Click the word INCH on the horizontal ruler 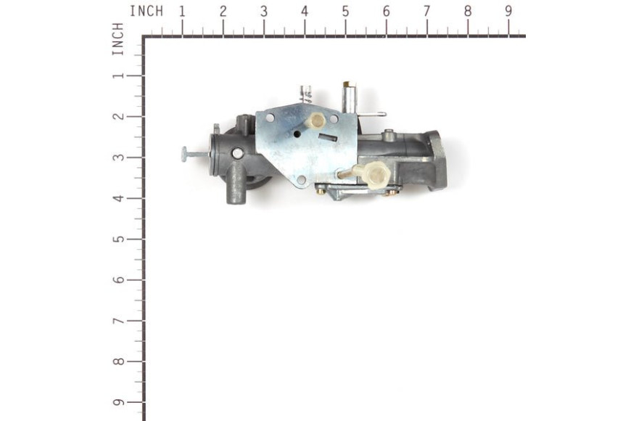pyautogui.click(x=147, y=12)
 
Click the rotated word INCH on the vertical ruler pyautogui.click(x=117, y=38)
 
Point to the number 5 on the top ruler pyautogui.click(x=346, y=12)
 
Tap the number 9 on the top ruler pyautogui.click(x=508, y=12)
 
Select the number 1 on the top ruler pyautogui.click(x=182, y=12)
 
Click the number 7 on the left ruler pyautogui.click(x=118, y=321)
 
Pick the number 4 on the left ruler pyautogui.click(x=118, y=198)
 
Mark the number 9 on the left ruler pyautogui.click(x=118, y=402)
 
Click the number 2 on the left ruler pyautogui.click(x=118, y=116)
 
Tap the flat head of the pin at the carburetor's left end pyautogui.click(x=184, y=155)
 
